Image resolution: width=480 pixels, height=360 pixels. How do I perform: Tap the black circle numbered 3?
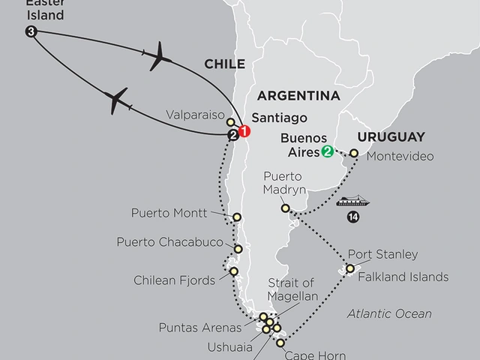[x=30, y=31]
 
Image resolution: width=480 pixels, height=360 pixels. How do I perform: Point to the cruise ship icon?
[x=350, y=202]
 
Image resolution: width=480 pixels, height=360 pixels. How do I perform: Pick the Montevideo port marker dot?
[x=354, y=153]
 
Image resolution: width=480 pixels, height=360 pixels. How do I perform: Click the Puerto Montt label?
[x=169, y=213]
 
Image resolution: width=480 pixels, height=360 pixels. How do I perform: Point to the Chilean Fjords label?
[x=175, y=280]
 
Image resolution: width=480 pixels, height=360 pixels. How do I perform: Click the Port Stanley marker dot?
[x=350, y=268]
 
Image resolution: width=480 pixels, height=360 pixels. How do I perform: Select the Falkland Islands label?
[x=403, y=277]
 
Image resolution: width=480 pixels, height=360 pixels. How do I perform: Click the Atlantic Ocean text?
[x=389, y=313]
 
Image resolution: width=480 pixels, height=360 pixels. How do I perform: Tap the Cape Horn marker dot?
[x=280, y=343]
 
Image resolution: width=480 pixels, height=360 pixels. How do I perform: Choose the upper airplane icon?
[x=160, y=56]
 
